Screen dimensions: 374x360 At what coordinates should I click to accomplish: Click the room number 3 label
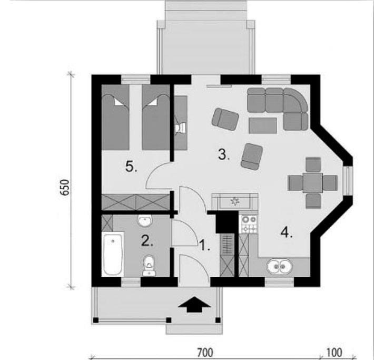click(x=224, y=154)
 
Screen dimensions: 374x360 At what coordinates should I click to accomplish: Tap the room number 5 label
click(x=131, y=167)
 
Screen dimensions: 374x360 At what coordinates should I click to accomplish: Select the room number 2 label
click(x=147, y=240)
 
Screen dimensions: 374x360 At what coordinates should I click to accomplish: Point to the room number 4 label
click(x=287, y=232)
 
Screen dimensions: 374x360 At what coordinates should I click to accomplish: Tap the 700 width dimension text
click(x=205, y=353)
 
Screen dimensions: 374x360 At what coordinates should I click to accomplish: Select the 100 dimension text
click(x=334, y=353)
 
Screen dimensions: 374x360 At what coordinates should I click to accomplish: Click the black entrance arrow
click(x=194, y=304)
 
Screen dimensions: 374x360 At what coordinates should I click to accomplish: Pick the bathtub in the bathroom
click(x=113, y=255)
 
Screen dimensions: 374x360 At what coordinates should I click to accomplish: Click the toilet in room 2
click(x=149, y=265)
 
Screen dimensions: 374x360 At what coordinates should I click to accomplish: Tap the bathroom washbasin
click(x=144, y=221)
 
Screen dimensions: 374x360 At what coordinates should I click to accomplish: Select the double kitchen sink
click(x=279, y=266)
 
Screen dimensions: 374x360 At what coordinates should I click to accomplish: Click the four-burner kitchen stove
click(x=249, y=224)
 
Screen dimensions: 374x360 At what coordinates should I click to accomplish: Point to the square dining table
click(x=312, y=183)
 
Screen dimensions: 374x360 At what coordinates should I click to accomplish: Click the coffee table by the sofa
click(x=263, y=125)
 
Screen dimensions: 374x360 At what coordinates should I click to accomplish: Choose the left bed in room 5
click(x=115, y=118)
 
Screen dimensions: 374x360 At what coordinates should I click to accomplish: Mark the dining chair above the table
click(x=313, y=165)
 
